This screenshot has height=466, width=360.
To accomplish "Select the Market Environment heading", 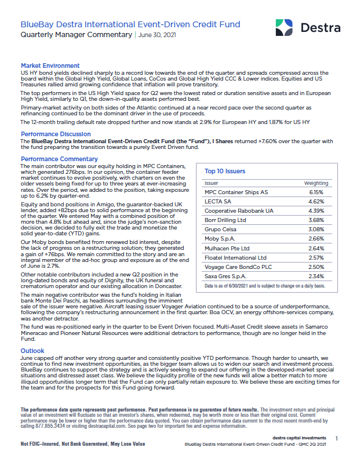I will [50, 65].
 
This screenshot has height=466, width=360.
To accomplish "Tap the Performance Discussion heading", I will [55, 133].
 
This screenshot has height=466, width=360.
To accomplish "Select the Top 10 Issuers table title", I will [225, 171].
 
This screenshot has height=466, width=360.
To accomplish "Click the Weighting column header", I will [317, 183].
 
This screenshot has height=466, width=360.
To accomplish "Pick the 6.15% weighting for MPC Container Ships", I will [316, 192].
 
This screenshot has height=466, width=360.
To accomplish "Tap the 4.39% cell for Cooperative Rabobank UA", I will [316, 210].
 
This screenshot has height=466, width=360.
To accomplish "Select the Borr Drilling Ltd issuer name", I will [226, 220].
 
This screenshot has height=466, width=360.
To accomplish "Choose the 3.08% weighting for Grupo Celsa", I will [316, 230].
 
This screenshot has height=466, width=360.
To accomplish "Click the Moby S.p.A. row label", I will [220, 239].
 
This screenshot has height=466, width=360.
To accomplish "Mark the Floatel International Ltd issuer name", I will [235, 257].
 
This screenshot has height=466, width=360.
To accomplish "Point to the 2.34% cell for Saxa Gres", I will [316, 276].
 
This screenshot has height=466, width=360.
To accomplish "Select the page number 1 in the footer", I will [337, 439].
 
